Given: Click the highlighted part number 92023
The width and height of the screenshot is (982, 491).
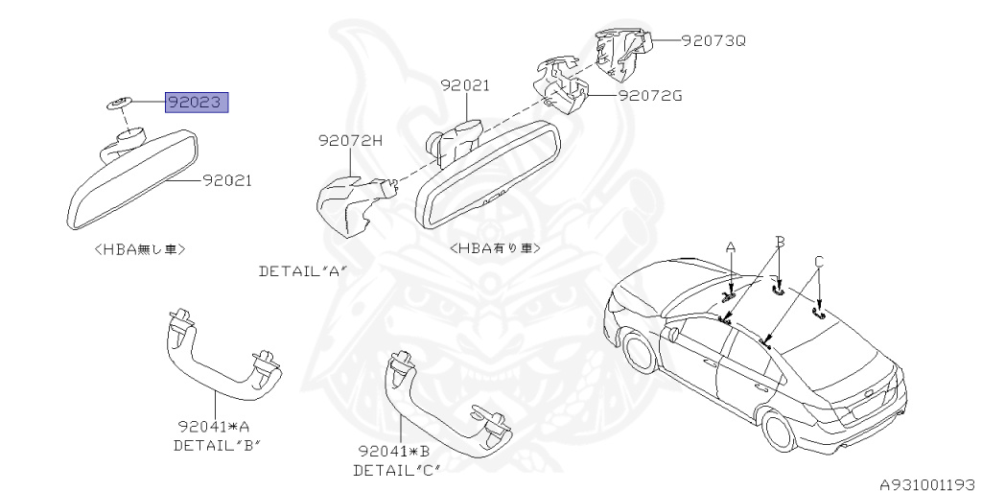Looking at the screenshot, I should (x=198, y=103).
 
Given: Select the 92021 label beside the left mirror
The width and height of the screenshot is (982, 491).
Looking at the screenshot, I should (x=227, y=179).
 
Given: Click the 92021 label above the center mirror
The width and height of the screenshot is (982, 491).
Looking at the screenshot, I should (x=465, y=85).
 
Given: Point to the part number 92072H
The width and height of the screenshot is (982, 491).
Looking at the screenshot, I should (x=350, y=140).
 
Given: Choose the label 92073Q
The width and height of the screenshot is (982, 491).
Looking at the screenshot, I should (x=713, y=41).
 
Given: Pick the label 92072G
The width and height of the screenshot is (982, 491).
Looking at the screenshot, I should (x=650, y=96).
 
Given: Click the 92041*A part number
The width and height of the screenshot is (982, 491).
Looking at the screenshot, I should (x=212, y=426).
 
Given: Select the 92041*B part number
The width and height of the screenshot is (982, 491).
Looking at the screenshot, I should (x=392, y=451).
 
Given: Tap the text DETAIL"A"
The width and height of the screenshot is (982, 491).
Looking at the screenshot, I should (x=301, y=271).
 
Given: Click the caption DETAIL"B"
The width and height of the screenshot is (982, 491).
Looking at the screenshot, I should (x=217, y=445).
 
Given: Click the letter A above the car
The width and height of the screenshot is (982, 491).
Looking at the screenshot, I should (x=731, y=246).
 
